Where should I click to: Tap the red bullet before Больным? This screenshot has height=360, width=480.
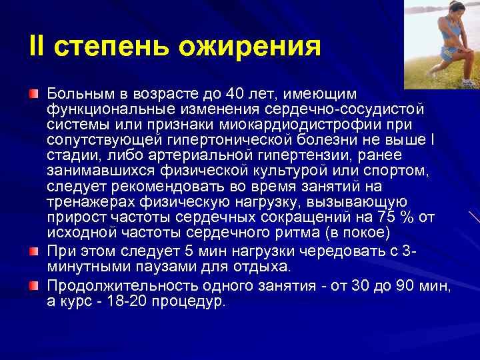[33, 91]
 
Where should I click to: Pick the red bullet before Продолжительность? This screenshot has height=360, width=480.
[33, 286]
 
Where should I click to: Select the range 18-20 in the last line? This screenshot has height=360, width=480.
[119, 301]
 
